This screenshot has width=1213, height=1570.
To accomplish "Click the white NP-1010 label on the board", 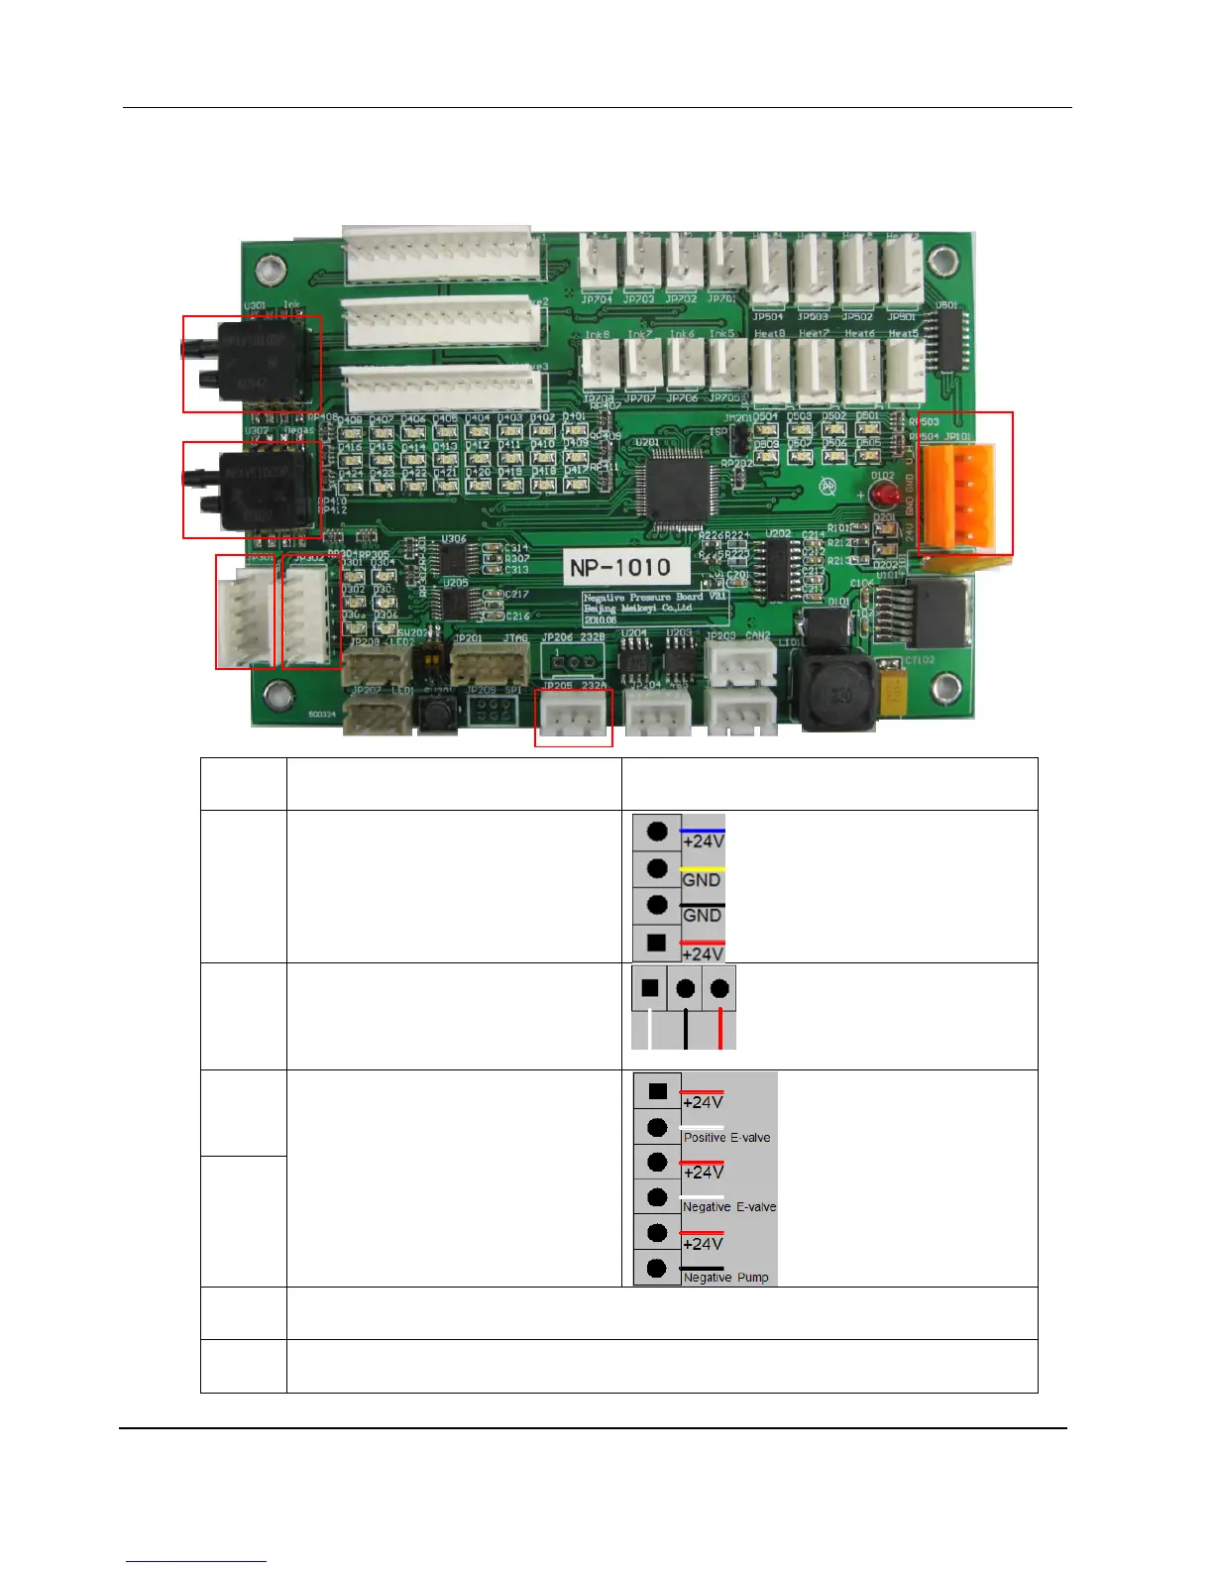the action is pyautogui.click(x=618, y=568).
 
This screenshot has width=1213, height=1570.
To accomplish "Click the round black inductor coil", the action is pyautogui.click(x=840, y=694).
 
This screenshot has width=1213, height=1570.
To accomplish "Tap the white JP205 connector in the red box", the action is pyautogui.click(x=573, y=716).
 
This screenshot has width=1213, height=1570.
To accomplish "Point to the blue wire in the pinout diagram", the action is pyautogui.click(x=703, y=831).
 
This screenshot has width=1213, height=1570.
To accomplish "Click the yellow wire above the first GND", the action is pyautogui.click(x=703, y=869).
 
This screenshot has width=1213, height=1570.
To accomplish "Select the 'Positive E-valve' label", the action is pyautogui.click(x=726, y=1137).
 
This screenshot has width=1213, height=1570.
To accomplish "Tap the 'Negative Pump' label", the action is pyautogui.click(x=725, y=1277).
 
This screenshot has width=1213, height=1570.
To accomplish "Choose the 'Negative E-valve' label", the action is pyautogui.click(x=729, y=1206).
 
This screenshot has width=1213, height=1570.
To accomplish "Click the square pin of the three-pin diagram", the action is pyautogui.click(x=650, y=988).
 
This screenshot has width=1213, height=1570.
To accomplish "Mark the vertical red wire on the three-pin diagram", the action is pyautogui.click(x=720, y=1029).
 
